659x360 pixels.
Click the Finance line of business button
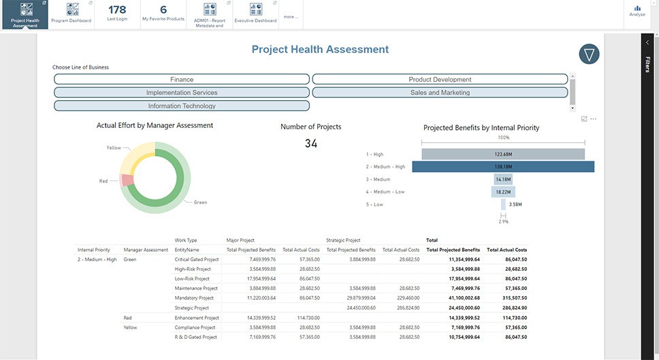point(182,80)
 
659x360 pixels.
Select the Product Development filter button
point(440,80)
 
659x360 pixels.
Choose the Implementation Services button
point(182,93)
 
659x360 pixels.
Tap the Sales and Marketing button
point(440,93)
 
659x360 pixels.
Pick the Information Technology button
point(182,106)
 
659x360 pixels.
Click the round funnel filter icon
point(589,54)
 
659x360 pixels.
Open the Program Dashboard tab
point(71,14)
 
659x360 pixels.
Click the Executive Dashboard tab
point(255,14)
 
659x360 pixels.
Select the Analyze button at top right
point(637,11)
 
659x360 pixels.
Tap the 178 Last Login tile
point(117,13)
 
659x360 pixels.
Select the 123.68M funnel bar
point(503,154)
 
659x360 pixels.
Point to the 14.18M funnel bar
point(503,180)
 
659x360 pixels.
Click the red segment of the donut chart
point(126,180)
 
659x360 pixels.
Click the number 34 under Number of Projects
point(310,144)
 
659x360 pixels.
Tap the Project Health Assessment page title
point(320,50)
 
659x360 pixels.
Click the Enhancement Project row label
point(197,318)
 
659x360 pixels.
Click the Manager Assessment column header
point(146,250)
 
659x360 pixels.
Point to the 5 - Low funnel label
point(374,204)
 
